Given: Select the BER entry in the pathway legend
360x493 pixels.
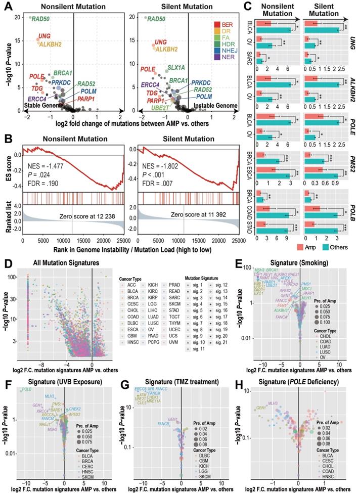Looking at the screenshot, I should pos(221,24).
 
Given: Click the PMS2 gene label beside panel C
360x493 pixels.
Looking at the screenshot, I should pos(353,165).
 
